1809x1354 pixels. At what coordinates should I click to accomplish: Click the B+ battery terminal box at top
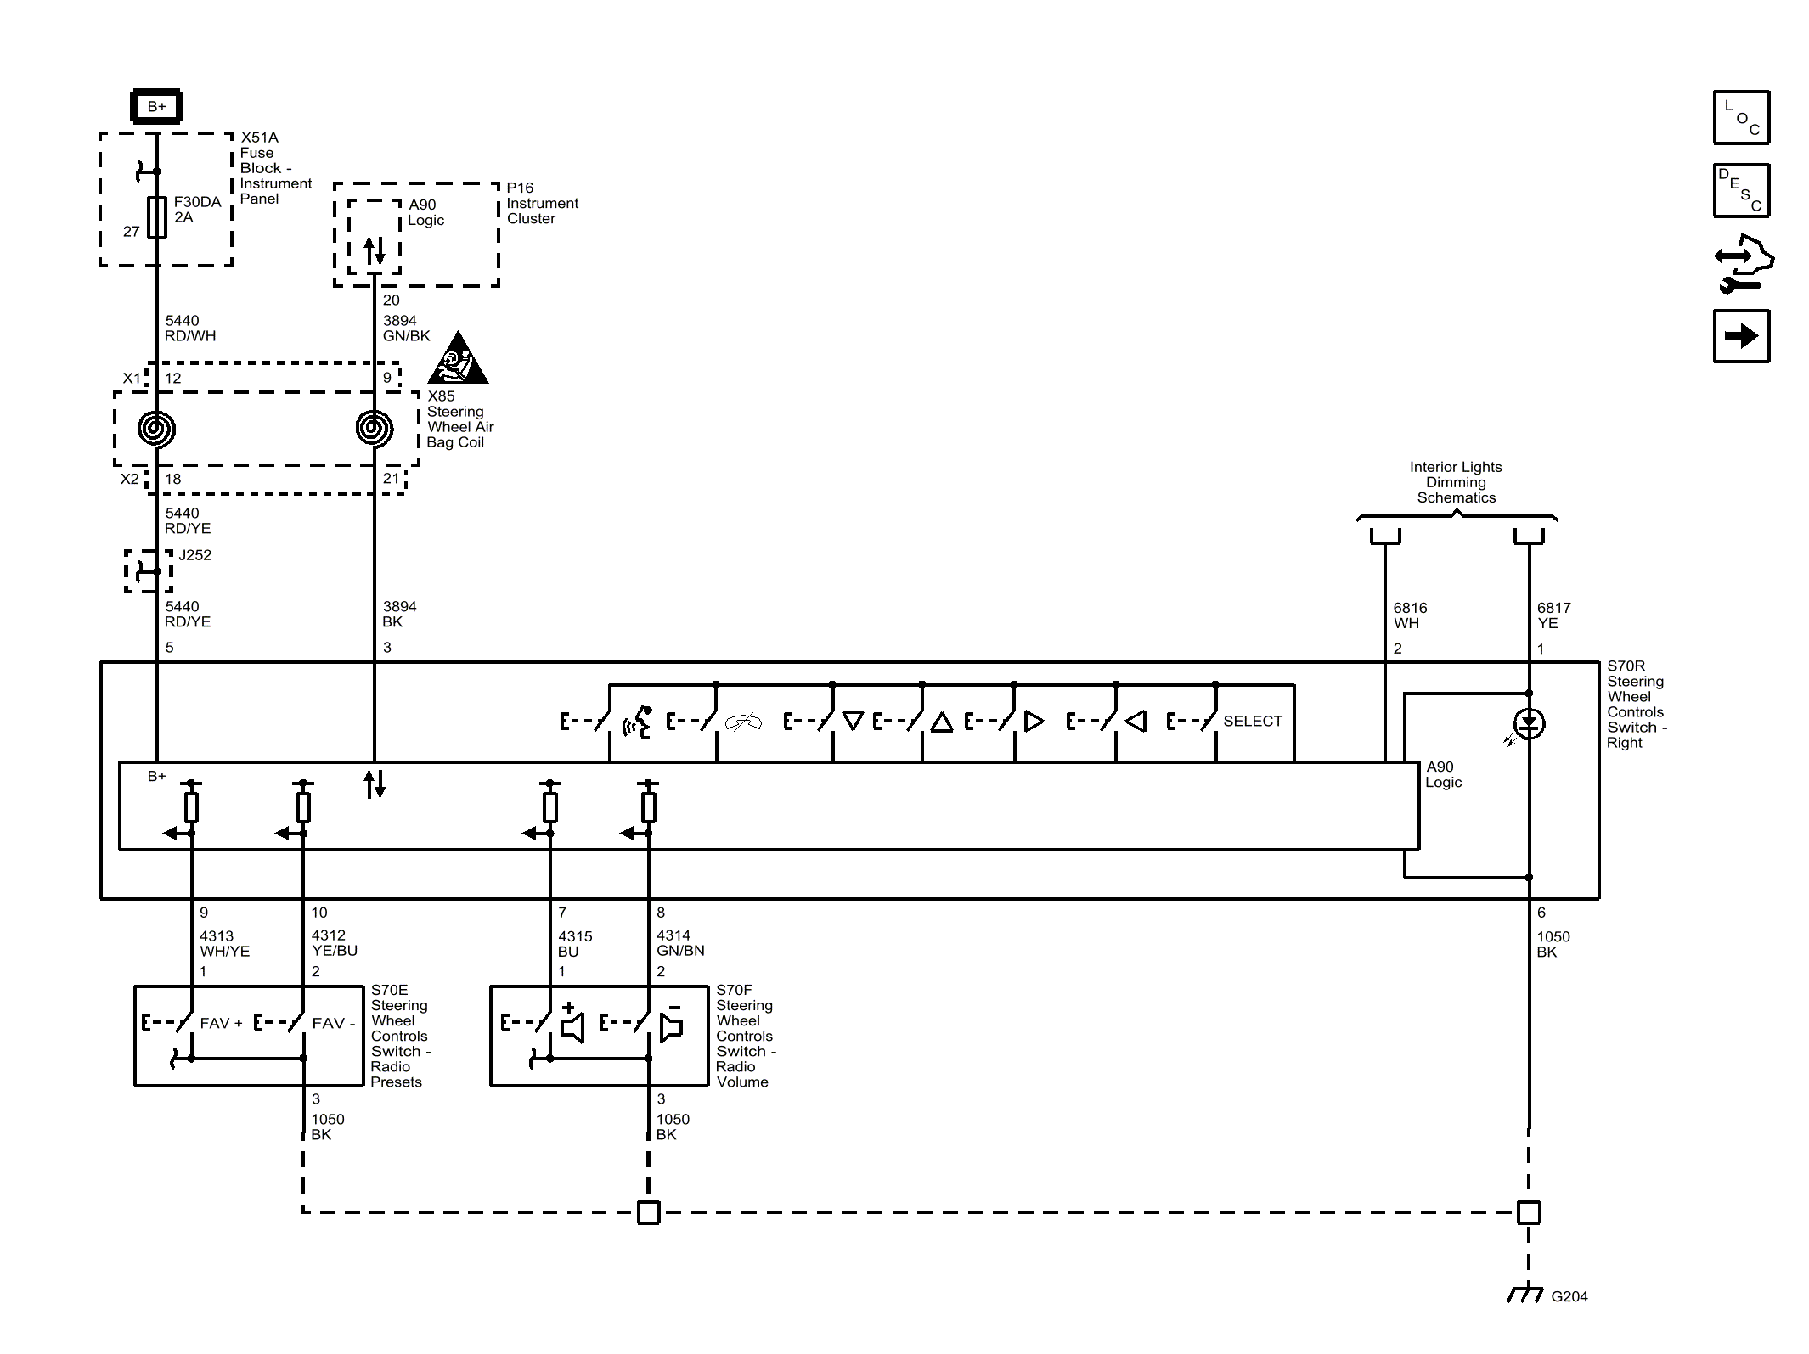pyautogui.click(x=157, y=107)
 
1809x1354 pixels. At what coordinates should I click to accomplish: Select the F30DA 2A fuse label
pyautogui.click(x=197, y=210)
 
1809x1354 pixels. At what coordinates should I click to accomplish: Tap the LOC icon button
pyautogui.click(x=1741, y=117)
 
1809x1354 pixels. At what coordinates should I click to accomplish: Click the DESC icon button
pyautogui.click(x=1741, y=191)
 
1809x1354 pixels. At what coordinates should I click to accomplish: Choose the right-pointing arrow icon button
pyautogui.click(x=1741, y=336)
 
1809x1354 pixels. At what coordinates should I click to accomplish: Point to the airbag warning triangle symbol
pyautogui.click(x=458, y=358)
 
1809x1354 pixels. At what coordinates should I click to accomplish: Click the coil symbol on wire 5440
pyautogui.click(x=157, y=429)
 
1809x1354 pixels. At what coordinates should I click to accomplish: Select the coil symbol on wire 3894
pyautogui.click(x=375, y=429)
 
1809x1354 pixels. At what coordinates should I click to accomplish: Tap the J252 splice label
pyautogui.click(x=194, y=555)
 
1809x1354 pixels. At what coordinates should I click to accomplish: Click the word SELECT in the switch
pyautogui.click(x=1253, y=721)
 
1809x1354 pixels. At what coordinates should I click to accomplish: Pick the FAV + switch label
pyautogui.click(x=221, y=1023)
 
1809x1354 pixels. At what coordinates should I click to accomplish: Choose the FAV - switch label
pyautogui.click(x=334, y=1023)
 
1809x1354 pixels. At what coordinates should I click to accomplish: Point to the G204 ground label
pyautogui.click(x=1569, y=1296)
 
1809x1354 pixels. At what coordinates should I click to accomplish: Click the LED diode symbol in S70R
pyautogui.click(x=1529, y=723)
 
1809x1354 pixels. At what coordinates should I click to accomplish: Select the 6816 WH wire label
pyautogui.click(x=1410, y=615)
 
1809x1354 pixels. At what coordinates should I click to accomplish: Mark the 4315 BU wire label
pyautogui.click(x=575, y=944)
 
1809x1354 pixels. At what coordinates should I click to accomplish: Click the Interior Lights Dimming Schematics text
pyautogui.click(x=1456, y=482)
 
